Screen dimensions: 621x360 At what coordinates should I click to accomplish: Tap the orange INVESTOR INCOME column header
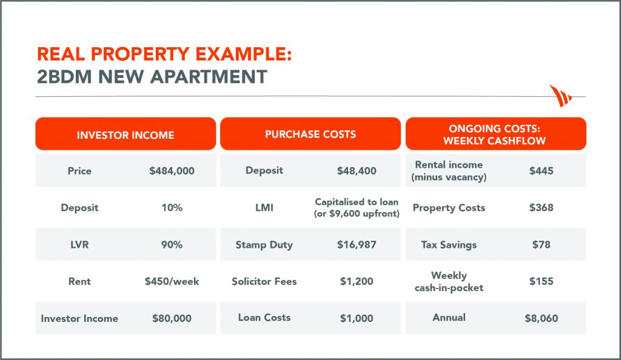[126, 134]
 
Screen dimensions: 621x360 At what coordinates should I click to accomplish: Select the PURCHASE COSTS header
[310, 134]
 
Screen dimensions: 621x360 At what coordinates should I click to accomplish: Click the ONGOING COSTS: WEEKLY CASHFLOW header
[496, 134]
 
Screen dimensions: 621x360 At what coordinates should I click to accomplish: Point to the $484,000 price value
[172, 171]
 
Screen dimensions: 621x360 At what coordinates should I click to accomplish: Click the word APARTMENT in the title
[209, 77]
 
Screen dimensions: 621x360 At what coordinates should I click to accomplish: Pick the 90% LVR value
[172, 244]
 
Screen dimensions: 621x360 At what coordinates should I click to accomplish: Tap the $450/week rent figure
[172, 281]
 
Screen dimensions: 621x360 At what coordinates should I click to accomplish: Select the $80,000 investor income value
[172, 318]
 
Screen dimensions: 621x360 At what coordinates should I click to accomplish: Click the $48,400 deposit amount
[357, 171]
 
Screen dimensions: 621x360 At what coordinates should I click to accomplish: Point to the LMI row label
[264, 208]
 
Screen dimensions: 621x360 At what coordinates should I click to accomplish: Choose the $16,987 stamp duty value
[357, 244]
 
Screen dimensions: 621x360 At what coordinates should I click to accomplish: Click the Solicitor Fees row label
[264, 281]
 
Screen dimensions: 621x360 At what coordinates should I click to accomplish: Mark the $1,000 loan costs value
[357, 318]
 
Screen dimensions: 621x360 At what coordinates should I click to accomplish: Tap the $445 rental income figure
[542, 171]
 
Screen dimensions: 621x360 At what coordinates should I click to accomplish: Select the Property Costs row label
[449, 208]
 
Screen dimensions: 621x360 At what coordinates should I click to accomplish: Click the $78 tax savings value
[542, 244]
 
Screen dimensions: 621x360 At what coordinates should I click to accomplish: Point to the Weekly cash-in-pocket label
[449, 281]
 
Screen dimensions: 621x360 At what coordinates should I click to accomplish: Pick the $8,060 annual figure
[542, 318]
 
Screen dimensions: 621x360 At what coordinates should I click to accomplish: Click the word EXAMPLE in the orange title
[244, 54]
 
